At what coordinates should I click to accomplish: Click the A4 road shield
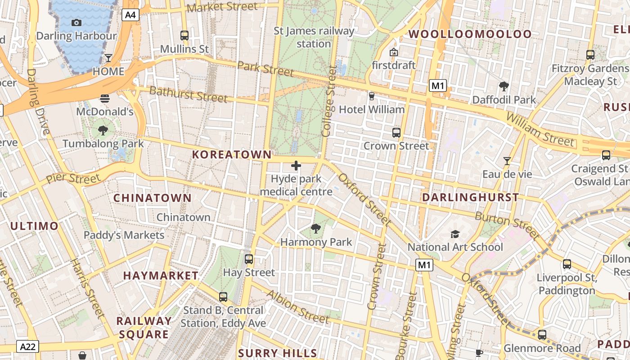coord(130,15)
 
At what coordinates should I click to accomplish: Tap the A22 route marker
coord(28,346)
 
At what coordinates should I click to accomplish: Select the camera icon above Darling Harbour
coord(76,22)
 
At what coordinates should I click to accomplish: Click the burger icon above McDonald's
coord(105,98)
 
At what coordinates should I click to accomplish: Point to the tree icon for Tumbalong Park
coord(103,130)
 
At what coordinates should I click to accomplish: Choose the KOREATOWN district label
coord(232,155)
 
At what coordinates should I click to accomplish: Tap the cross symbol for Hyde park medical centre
coord(296,166)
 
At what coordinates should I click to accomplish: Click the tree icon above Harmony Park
coord(316,229)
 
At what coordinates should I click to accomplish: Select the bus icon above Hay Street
coord(248,259)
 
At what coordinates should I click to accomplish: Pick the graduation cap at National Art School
coord(455,234)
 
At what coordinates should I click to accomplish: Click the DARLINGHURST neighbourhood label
coord(470,197)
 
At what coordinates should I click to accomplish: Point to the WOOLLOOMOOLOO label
coord(470,34)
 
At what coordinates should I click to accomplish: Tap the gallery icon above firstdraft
coord(394,52)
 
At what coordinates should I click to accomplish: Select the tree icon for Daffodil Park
coord(504,86)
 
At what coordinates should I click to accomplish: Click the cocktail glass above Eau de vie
coord(507,161)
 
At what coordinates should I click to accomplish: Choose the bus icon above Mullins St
coord(184,35)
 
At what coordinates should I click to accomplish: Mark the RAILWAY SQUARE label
coord(144,328)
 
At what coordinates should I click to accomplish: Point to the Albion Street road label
coord(297,306)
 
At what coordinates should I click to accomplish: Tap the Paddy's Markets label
coord(124,235)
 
